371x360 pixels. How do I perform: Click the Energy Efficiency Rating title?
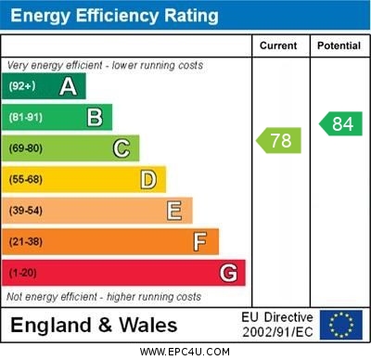point(115,16)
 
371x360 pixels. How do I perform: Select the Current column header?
point(278,45)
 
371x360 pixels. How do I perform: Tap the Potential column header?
point(339,45)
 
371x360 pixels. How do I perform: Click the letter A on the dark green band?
point(68,86)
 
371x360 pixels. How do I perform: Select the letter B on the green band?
point(95,117)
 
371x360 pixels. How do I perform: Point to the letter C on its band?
point(122,148)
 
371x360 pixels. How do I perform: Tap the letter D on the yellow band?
point(148,179)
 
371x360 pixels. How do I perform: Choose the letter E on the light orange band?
point(174,211)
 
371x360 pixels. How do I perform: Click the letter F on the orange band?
point(200,242)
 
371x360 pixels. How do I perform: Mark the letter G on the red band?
point(228,273)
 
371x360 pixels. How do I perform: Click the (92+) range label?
point(22,86)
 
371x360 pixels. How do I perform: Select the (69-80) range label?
point(26,148)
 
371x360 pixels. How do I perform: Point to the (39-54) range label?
point(26,211)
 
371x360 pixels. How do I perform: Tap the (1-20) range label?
point(23,274)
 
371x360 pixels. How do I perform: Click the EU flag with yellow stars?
point(341,325)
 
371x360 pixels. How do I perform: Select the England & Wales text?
point(94,325)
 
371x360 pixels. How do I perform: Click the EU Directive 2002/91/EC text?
point(277,325)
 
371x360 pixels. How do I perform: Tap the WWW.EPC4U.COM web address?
point(185,352)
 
